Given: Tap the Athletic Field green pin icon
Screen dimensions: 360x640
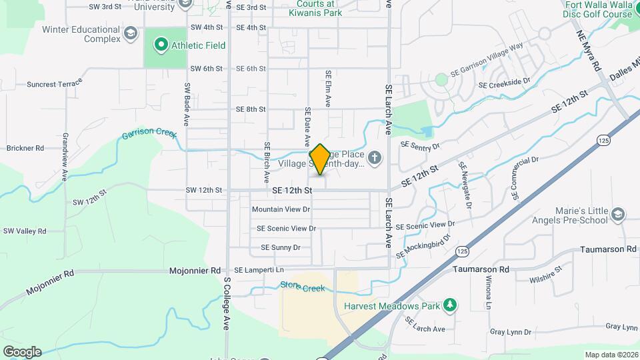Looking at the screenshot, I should click(x=160, y=45).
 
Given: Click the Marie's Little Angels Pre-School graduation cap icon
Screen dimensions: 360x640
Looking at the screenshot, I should click(x=618, y=215).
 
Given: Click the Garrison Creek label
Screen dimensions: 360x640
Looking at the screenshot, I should click(x=149, y=134).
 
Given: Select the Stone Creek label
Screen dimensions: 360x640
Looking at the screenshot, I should click(x=302, y=288).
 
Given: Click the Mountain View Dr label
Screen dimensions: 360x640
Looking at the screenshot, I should click(x=281, y=209).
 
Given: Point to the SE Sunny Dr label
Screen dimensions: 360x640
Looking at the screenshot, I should click(x=281, y=247).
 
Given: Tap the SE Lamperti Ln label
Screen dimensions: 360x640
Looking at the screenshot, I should click(x=259, y=269).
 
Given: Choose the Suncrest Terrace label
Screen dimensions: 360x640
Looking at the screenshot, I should click(x=54, y=85).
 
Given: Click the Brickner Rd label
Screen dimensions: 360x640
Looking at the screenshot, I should click(x=25, y=148).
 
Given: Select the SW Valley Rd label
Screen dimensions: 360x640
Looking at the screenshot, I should click(x=25, y=231).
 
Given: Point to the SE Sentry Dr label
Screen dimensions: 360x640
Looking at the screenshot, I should click(x=420, y=145).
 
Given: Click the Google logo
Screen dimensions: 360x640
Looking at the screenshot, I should click(x=22, y=351).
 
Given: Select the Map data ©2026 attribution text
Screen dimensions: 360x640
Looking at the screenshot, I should click(x=611, y=355).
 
